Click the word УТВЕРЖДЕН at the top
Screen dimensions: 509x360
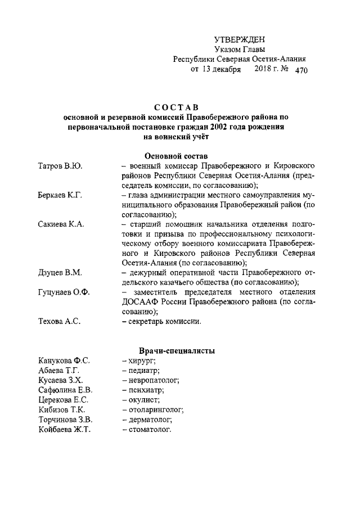[x=240, y=39]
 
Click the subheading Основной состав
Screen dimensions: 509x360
[x=175, y=155]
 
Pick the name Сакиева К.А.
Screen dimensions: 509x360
[x=61, y=224]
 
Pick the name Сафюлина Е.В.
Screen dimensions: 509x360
[x=65, y=390]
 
